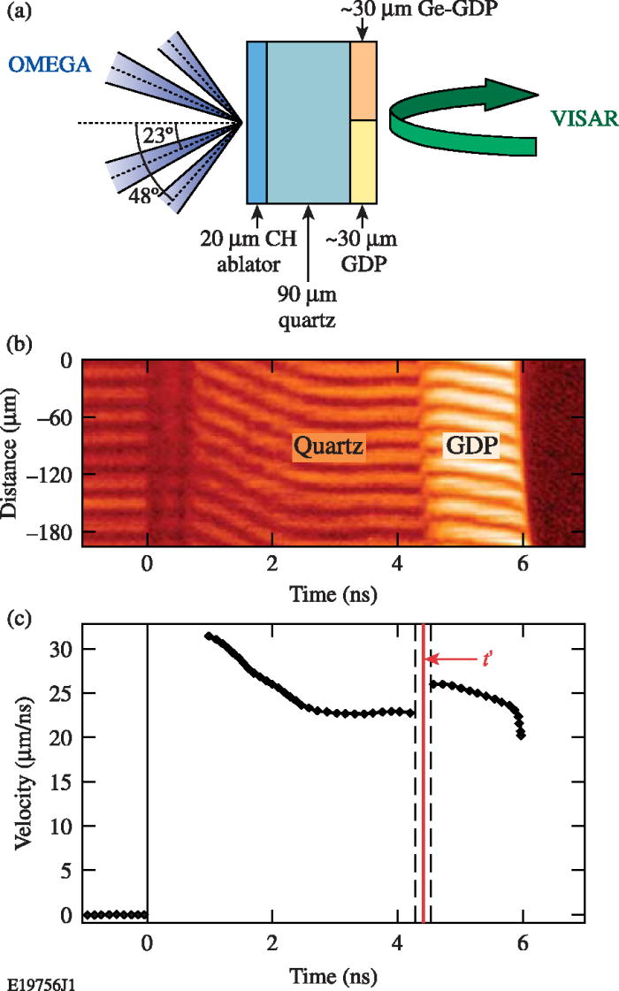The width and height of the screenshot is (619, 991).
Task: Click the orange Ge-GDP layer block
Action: (363, 80)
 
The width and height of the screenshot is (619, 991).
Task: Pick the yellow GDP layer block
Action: (363, 161)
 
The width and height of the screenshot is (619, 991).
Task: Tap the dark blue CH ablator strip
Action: (256, 122)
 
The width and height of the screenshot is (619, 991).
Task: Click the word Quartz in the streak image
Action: (329, 448)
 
